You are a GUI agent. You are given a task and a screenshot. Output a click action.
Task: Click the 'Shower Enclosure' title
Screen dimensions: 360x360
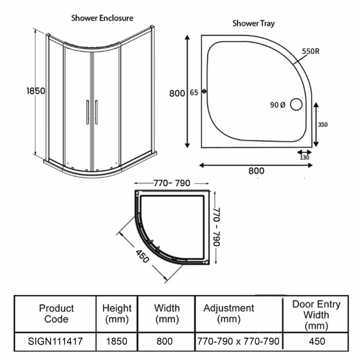point(102,17)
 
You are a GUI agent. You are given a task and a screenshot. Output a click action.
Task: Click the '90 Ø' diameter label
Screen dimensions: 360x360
point(277,104)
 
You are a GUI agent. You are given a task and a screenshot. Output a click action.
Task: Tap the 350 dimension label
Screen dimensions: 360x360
point(323,125)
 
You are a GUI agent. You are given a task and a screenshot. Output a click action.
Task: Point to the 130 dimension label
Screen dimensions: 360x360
point(304,157)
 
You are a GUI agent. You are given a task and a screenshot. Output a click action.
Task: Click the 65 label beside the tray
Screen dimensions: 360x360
point(194,92)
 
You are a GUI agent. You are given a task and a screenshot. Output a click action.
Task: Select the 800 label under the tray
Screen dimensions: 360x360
point(256,171)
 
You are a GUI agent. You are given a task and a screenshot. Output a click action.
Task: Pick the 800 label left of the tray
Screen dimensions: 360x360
point(177,93)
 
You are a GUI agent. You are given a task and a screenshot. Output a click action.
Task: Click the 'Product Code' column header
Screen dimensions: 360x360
point(56,313)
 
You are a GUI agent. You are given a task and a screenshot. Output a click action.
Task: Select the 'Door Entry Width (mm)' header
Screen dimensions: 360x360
point(316,313)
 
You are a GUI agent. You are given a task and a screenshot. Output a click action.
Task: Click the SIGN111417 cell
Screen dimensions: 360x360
point(55,341)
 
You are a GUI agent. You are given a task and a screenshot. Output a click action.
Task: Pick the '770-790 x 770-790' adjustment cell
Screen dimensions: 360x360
point(239,341)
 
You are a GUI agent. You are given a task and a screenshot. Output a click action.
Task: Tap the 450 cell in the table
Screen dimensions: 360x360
point(316,341)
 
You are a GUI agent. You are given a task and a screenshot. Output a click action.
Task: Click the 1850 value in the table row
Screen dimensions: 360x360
point(117,341)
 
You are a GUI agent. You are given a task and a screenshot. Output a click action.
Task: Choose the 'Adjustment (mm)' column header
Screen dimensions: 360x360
point(229,313)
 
